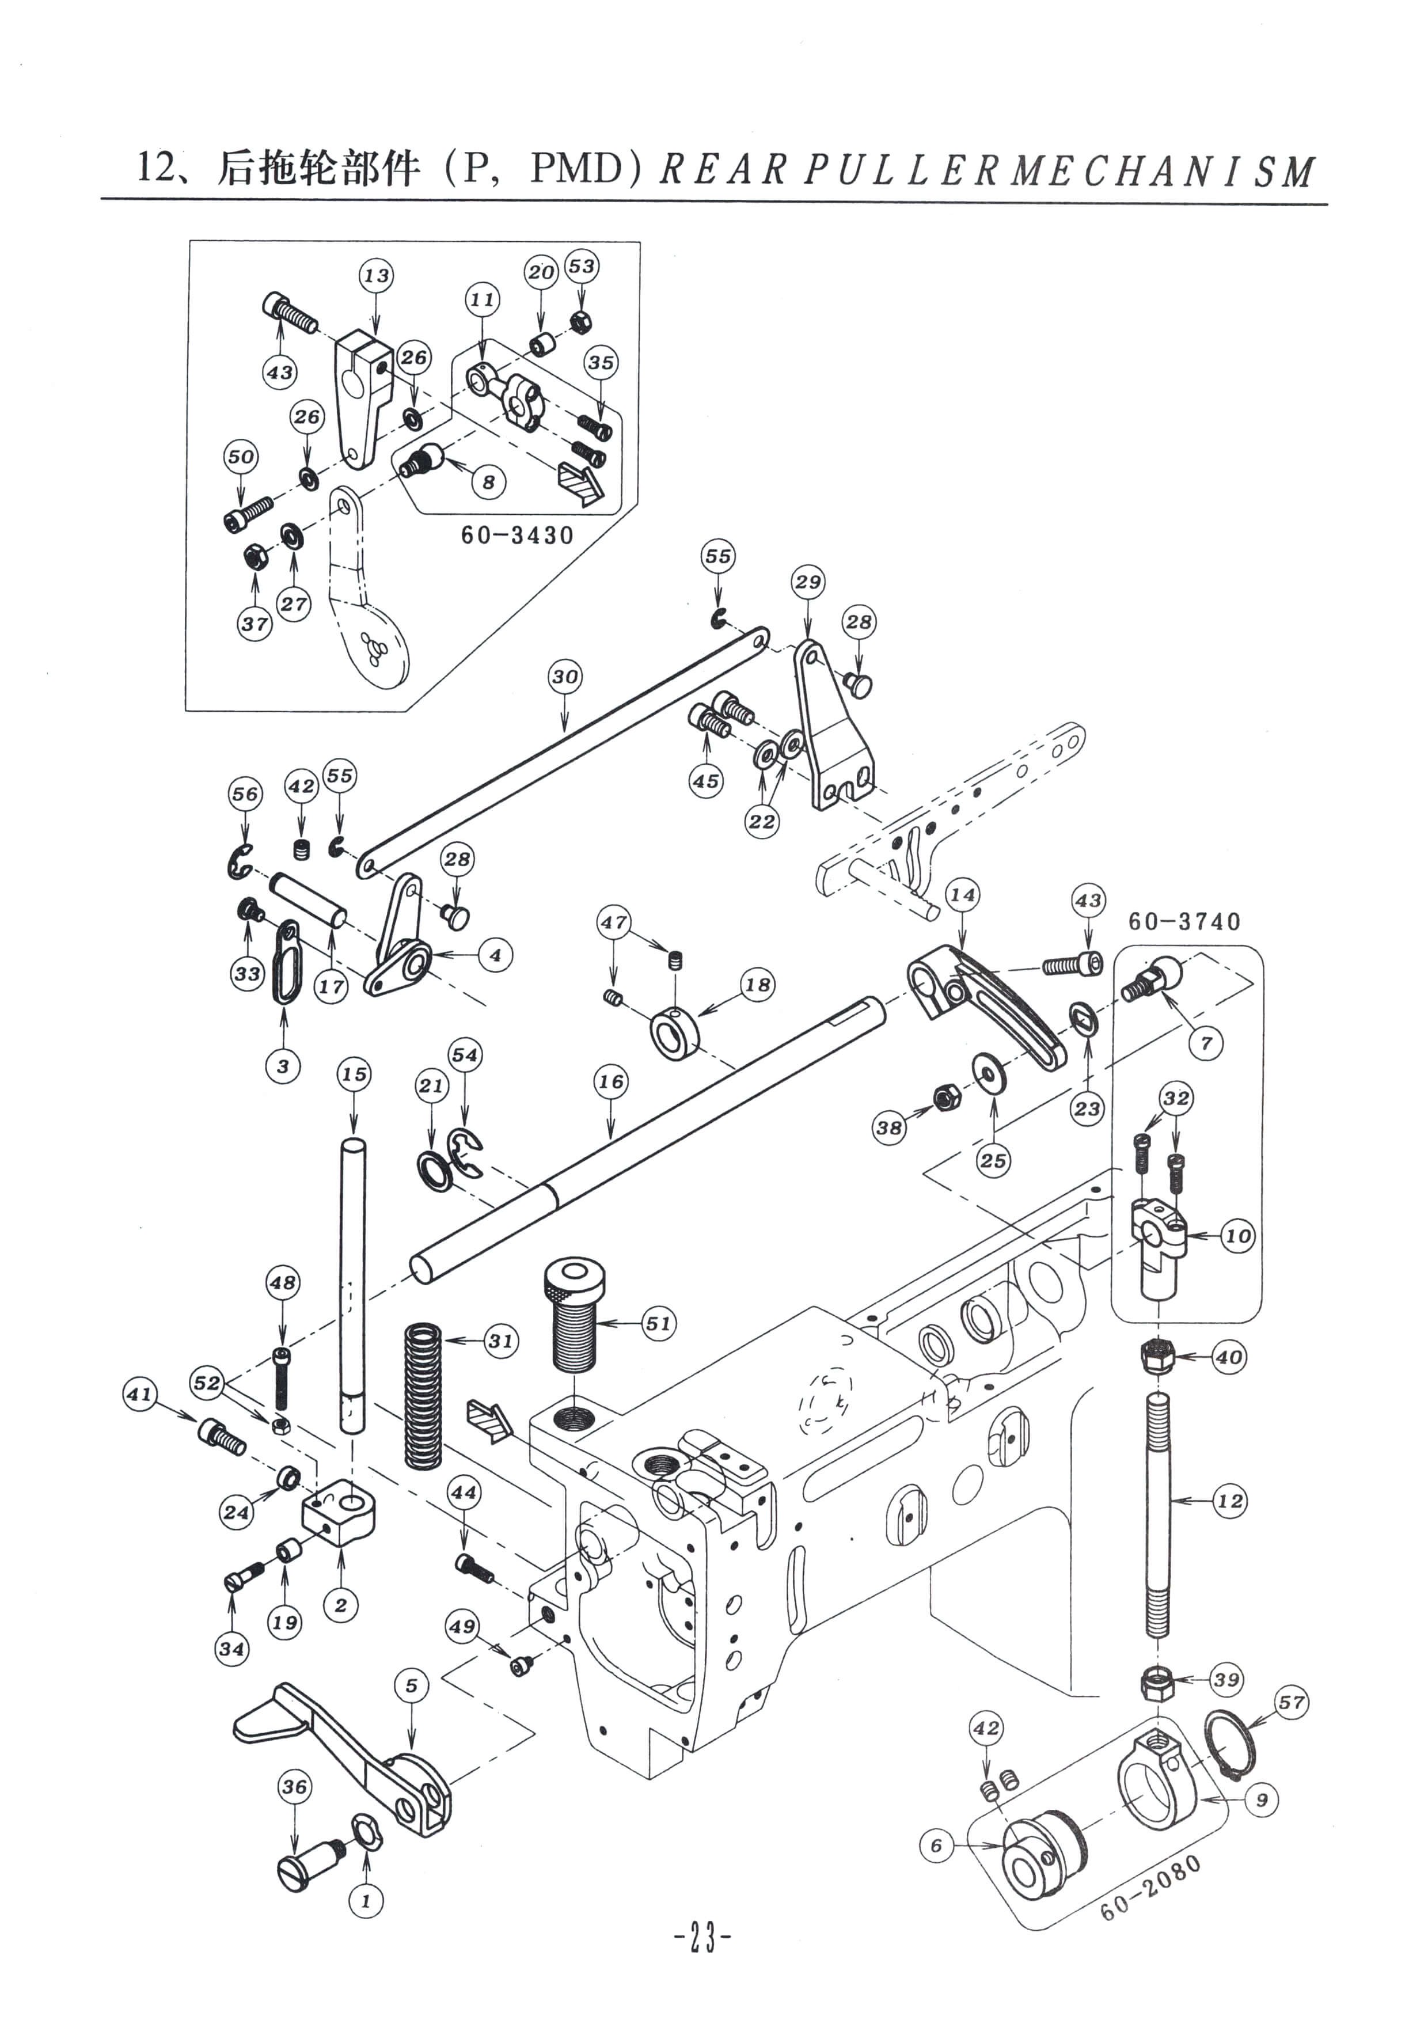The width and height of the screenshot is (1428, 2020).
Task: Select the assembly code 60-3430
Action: [517, 535]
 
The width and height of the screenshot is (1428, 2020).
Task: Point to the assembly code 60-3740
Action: [1184, 921]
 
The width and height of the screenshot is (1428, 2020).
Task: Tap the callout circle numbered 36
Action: [295, 1787]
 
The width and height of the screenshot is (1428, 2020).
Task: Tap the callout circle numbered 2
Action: [340, 1605]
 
